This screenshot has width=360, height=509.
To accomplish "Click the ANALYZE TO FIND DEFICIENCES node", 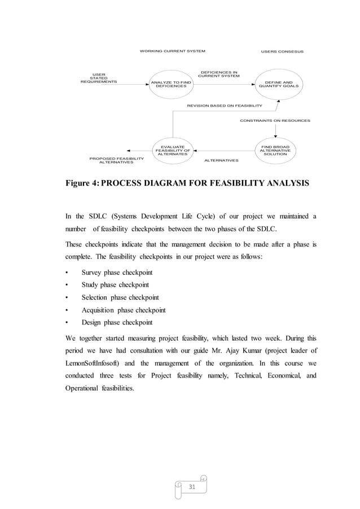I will pos(170,84).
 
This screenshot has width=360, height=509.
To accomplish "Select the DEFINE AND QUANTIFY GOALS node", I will pos(278,84).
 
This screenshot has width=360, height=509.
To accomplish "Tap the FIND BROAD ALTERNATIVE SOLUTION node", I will pos(275,151).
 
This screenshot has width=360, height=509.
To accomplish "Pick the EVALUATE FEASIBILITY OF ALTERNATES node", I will pos(172,151).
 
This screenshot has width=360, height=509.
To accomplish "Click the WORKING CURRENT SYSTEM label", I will pos(172,51).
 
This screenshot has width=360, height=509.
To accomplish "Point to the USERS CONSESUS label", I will pos(282,51).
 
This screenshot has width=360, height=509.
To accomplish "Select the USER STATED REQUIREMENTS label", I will pos(99,78).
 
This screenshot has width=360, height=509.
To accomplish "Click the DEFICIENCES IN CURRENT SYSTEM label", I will pos(219,74).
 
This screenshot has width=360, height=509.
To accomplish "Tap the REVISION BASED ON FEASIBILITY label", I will pos(225,106).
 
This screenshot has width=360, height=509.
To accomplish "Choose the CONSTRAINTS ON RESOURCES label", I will pos(275,120).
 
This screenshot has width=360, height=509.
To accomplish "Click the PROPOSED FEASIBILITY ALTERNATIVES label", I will pos(116,160).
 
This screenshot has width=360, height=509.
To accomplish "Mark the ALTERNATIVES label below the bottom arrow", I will pos(221,160).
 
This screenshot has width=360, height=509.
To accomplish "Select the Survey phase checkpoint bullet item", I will pos(117,273).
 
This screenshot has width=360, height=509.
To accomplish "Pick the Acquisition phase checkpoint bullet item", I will pos(124,310).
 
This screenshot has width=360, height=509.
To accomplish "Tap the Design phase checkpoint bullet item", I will pos(117,322).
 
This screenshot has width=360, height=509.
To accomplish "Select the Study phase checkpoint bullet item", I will pos(115,285).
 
